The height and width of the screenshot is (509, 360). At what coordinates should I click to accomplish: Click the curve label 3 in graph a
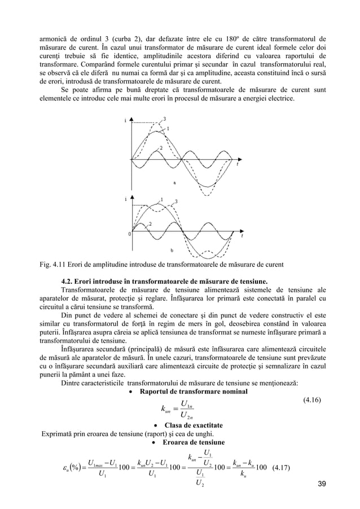[165, 118]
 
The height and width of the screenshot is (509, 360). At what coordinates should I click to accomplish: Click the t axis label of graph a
[238, 165]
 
